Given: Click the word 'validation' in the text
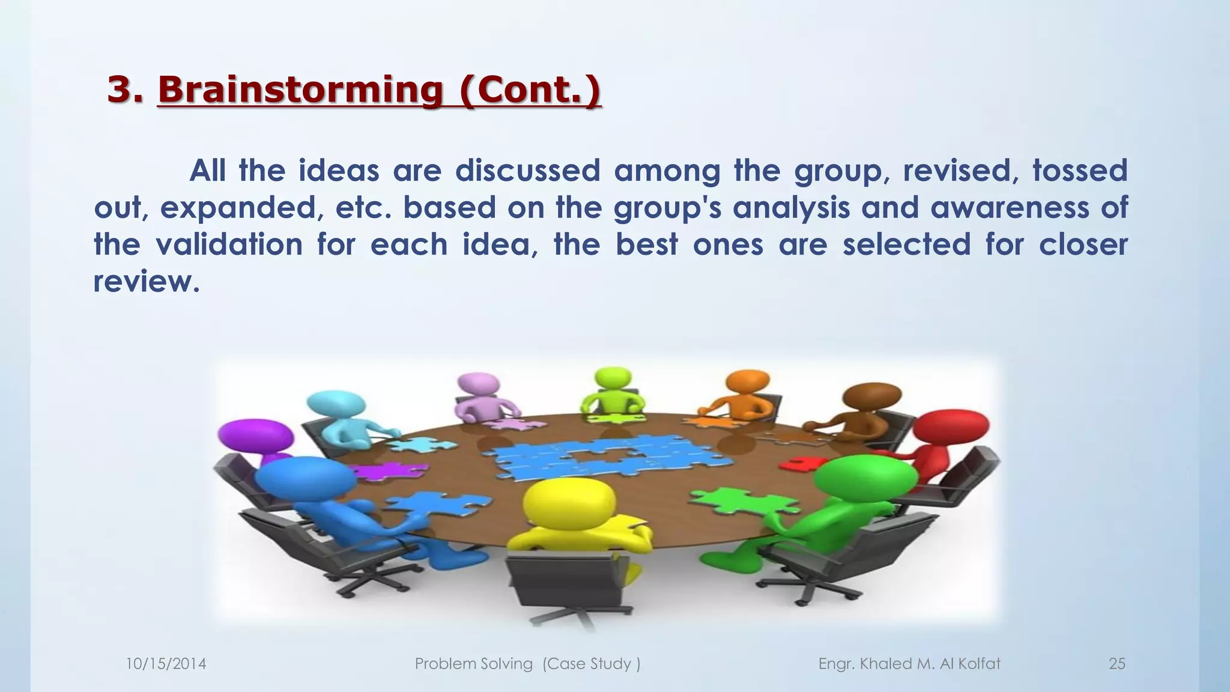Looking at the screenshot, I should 229,245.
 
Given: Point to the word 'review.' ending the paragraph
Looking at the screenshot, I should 146,282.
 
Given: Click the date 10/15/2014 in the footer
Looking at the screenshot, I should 166,664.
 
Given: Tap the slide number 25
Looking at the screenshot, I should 1116,664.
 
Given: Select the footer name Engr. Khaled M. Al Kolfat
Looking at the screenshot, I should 909,664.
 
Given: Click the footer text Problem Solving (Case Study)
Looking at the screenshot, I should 527,664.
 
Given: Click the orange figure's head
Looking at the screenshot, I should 747,382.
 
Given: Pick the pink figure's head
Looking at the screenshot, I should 478,384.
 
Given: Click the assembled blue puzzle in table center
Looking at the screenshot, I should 613,460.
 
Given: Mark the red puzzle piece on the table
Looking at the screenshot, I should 803,463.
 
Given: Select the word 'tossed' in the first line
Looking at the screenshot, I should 1079,171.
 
